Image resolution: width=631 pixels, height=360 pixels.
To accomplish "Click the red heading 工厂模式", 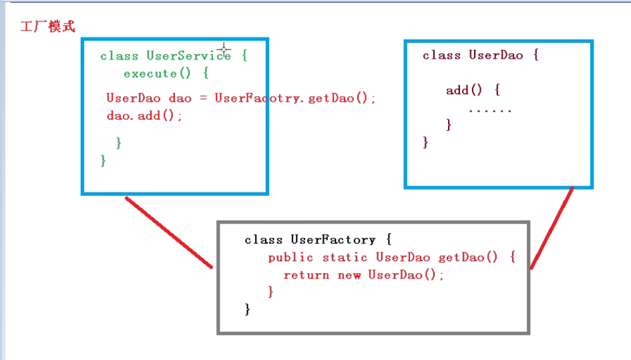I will [x=47, y=27].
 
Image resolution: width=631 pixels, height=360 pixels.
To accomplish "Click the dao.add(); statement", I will [x=144, y=116].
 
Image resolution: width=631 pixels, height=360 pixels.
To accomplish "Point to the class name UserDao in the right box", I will [x=495, y=55].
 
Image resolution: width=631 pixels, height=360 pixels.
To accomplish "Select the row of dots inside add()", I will [x=489, y=109].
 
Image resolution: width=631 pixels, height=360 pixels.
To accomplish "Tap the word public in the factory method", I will [x=291, y=257].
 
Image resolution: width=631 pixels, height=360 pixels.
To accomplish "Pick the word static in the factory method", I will [x=345, y=257].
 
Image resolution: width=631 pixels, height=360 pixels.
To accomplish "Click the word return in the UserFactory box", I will [x=306, y=275].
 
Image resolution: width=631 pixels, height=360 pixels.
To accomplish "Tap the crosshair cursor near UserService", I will [x=224, y=48].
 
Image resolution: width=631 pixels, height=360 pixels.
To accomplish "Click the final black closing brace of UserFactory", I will [x=248, y=309].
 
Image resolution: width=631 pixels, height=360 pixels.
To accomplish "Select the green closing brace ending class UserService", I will [x=103, y=160].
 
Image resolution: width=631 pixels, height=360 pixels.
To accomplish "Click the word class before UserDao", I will [x=441, y=55].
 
